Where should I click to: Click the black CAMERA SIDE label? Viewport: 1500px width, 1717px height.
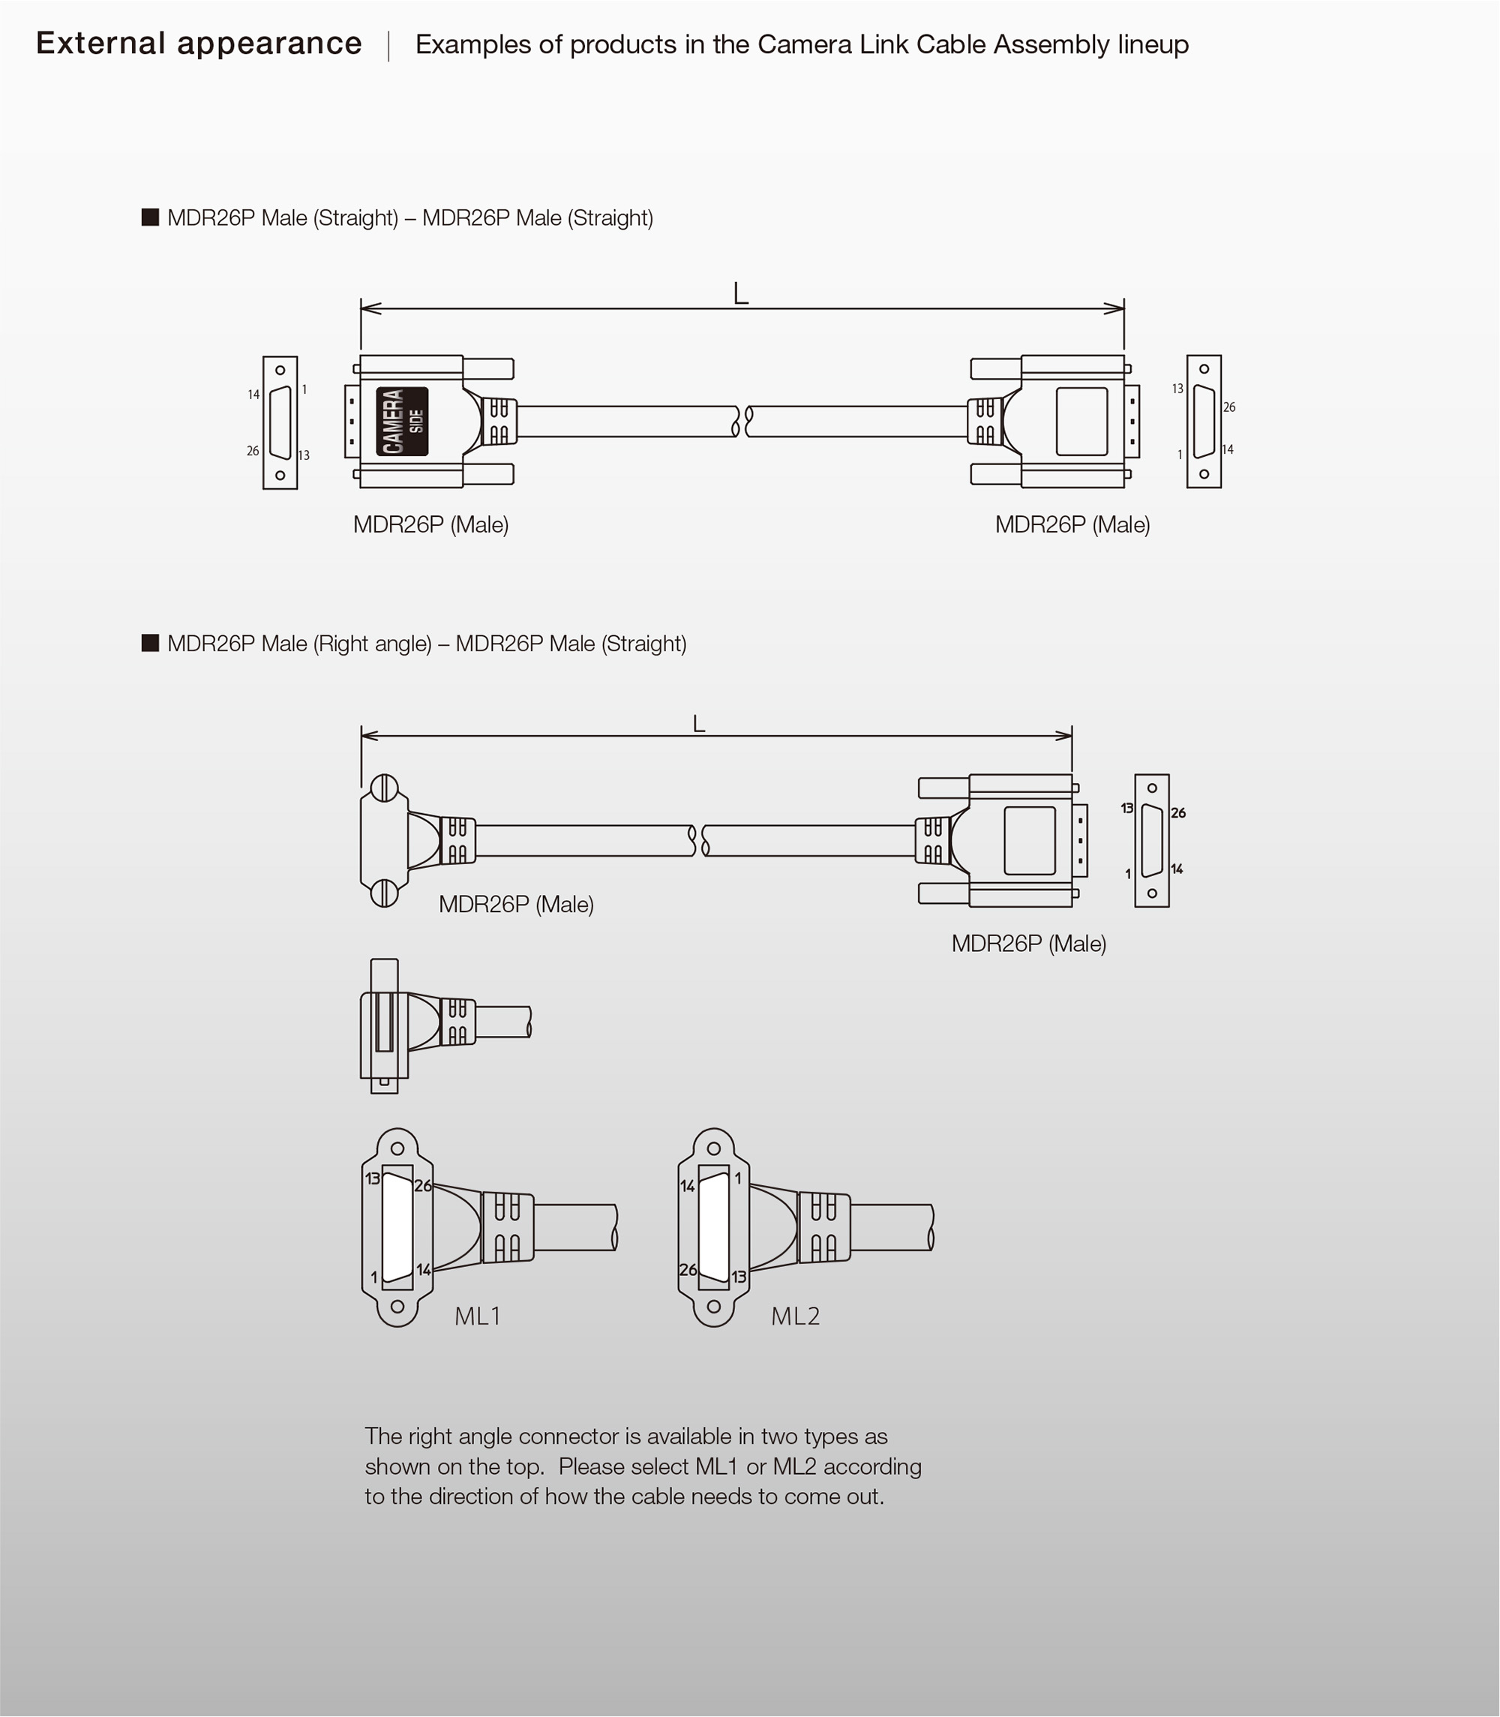[402, 421]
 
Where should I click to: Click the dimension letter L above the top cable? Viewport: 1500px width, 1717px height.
[741, 293]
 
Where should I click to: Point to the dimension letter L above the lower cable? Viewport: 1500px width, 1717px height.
[699, 723]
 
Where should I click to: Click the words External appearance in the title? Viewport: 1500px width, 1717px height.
[199, 44]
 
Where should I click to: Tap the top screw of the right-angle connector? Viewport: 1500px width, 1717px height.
[384, 788]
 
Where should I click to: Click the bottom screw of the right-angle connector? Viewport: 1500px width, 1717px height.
[384, 893]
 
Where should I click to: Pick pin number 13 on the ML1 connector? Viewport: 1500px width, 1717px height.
[373, 1178]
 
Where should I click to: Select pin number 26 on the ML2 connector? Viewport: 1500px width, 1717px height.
[688, 1269]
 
